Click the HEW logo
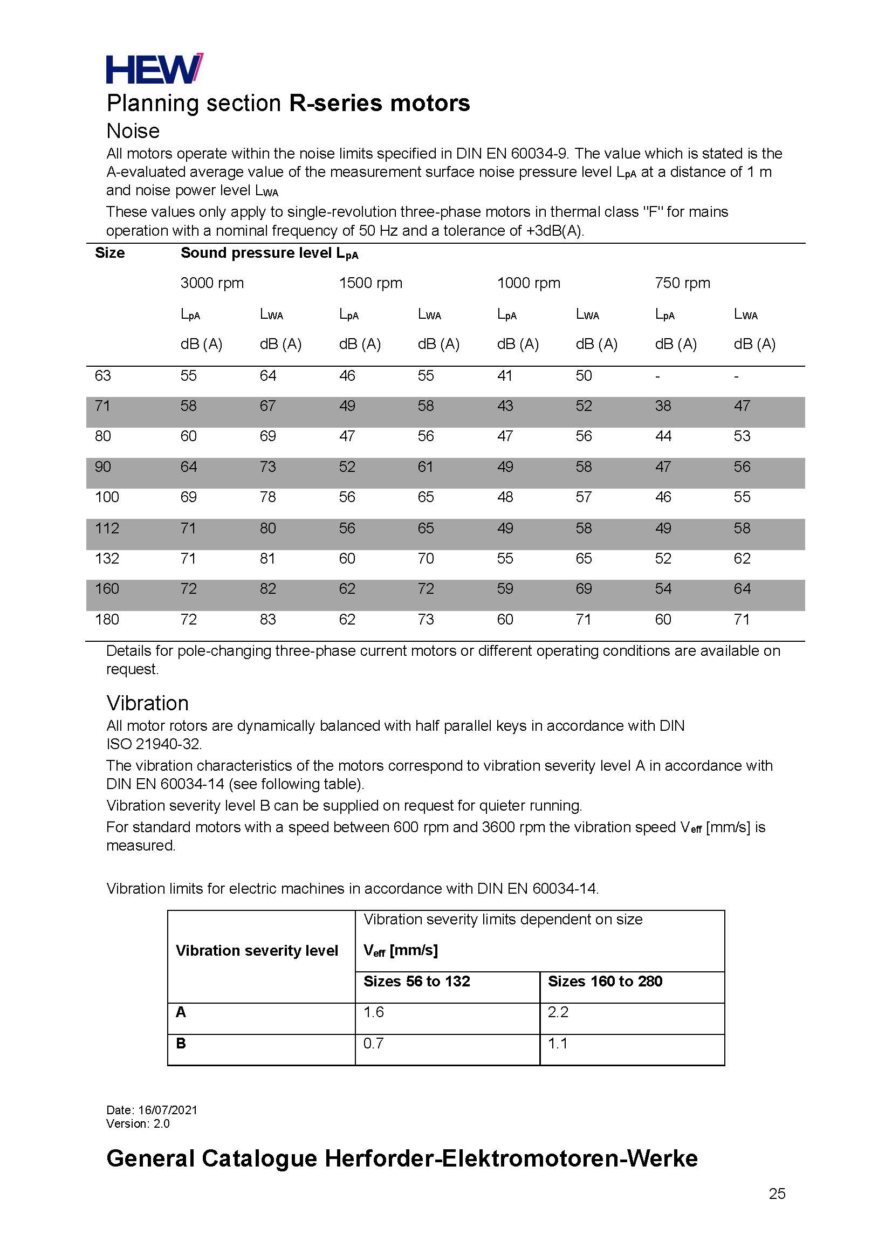click(154, 68)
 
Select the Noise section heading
click(133, 131)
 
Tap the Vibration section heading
click(147, 703)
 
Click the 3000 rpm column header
click(212, 283)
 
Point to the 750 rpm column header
click(682, 283)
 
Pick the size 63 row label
click(102, 376)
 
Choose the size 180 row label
click(107, 620)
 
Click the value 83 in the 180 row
click(268, 620)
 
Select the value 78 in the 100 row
click(268, 497)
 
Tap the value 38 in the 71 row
click(663, 406)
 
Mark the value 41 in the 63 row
click(505, 376)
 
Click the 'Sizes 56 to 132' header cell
click(417, 982)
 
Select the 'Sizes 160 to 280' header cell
click(605, 982)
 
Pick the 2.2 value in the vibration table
click(558, 1012)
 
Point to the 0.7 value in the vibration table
click(374, 1043)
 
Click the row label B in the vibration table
click(181, 1043)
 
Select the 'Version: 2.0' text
click(138, 1124)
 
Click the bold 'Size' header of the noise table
click(110, 252)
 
